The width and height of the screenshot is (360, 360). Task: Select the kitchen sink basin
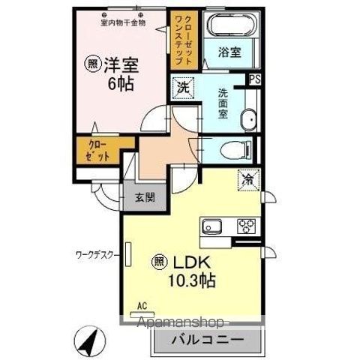211,226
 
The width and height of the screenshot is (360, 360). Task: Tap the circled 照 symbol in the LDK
160,262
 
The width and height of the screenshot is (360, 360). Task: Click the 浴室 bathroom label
229,52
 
